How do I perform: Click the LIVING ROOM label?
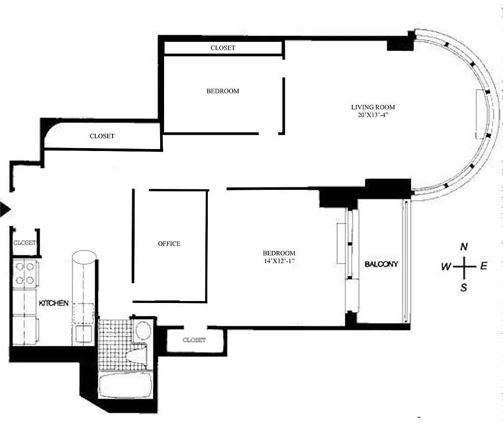click(x=373, y=107)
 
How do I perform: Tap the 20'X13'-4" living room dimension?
click(x=373, y=115)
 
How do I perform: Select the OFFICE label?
click(x=169, y=244)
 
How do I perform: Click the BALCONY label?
click(x=381, y=264)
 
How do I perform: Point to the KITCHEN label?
click(x=54, y=303)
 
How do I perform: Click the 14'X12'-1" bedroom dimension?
click(x=279, y=261)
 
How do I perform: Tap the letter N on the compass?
click(x=464, y=247)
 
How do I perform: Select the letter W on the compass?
click(x=446, y=266)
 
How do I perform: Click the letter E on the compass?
click(x=484, y=266)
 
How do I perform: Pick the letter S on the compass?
click(x=464, y=287)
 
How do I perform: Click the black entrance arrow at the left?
click(x=5, y=210)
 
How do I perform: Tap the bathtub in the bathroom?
click(x=125, y=385)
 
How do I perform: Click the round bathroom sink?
click(x=143, y=330)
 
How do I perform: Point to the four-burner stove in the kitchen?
click(x=26, y=273)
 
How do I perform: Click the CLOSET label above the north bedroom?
click(x=223, y=48)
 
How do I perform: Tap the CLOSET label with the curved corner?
click(x=102, y=136)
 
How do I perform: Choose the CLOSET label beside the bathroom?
click(x=194, y=340)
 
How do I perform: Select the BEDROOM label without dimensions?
click(x=223, y=91)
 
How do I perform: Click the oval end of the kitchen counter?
click(x=84, y=257)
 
